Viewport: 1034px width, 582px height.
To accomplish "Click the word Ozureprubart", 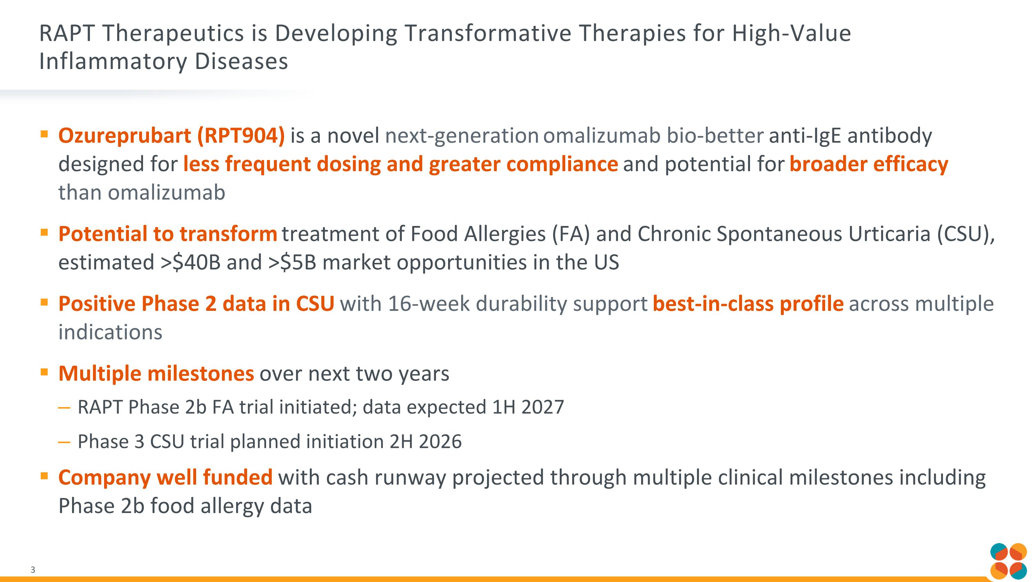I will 124,136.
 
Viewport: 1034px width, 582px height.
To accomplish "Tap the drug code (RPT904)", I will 241,136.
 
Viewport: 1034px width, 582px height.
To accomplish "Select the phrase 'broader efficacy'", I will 869,164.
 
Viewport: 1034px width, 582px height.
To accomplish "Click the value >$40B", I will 191,263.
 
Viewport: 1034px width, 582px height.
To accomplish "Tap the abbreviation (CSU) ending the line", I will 965,234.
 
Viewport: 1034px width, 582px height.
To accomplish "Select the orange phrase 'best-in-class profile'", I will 748,304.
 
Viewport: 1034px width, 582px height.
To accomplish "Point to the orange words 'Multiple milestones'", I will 156,374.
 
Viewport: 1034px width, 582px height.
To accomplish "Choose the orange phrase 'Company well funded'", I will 165,477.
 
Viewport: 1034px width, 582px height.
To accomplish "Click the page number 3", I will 33,570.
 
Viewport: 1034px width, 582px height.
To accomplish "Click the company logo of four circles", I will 1008,561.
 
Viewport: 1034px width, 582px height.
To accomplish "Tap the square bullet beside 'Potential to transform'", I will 44,232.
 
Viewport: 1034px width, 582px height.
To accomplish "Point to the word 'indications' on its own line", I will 110,333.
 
